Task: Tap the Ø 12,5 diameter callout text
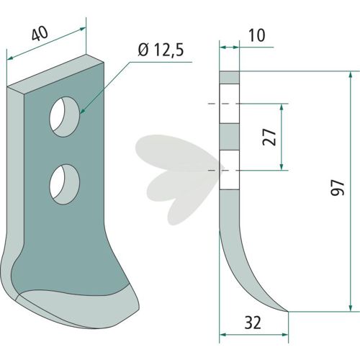pos(161,50)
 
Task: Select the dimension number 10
pos(257,35)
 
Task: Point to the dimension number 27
pos(269,137)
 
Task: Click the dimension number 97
pos(338,188)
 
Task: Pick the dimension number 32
pos(253,323)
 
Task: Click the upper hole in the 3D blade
pos(65,117)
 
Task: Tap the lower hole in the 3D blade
pos(65,184)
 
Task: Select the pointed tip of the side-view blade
pos(288,312)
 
